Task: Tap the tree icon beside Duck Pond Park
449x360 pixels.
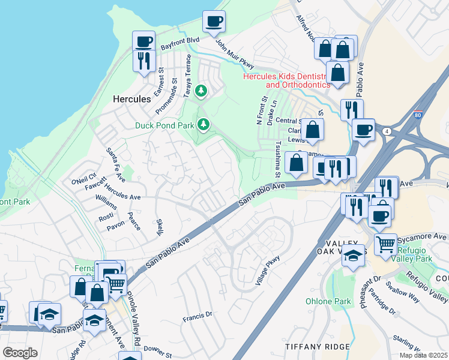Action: tap(204, 124)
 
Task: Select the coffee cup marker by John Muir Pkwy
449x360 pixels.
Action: tap(214, 23)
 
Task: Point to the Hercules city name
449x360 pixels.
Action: tap(131, 99)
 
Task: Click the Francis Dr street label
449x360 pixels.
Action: tap(197, 314)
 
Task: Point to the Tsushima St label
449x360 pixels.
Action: tap(278, 160)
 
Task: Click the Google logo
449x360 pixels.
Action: tap(20, 352)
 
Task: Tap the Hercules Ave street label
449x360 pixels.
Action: tap(122, 196)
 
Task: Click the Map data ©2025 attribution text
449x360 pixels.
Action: tap(423, 355)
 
